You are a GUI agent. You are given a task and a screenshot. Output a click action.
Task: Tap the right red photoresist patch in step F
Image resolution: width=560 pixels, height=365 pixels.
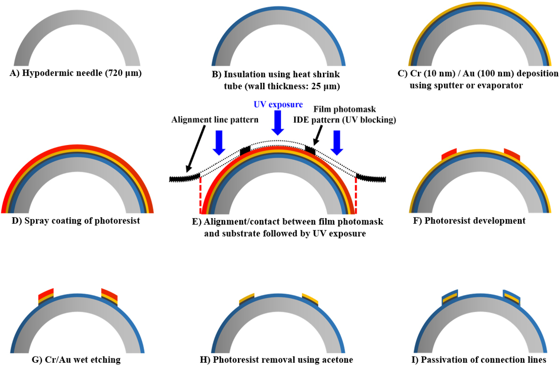511,153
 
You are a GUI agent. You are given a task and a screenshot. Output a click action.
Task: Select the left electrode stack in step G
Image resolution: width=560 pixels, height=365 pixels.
46,296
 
